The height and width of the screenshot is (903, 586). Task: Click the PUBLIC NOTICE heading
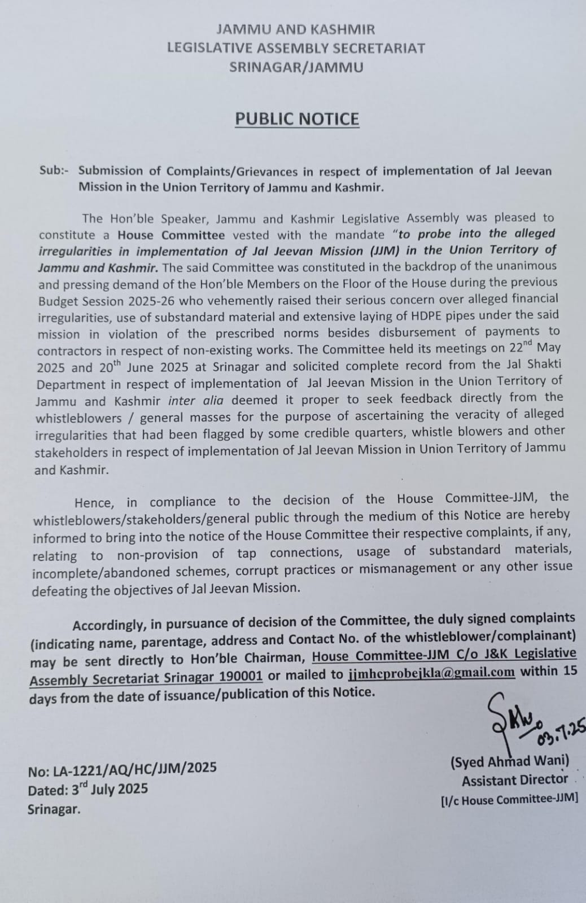click(x=297, y=119)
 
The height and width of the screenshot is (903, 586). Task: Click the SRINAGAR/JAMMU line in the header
click(x=296, y=68)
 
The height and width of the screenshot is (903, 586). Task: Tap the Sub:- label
click(x=54, y=170)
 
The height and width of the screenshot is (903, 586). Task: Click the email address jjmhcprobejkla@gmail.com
click(x=432, y=672)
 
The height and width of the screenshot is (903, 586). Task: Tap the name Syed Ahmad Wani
click(x=510, y=761)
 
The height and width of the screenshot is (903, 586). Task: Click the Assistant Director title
click(x=515, y=780)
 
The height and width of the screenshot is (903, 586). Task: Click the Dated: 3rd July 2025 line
click(x=88, y=789)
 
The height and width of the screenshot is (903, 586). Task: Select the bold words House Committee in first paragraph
click(x=171, y=235)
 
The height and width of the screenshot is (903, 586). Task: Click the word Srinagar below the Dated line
click(x=54, y=809)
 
